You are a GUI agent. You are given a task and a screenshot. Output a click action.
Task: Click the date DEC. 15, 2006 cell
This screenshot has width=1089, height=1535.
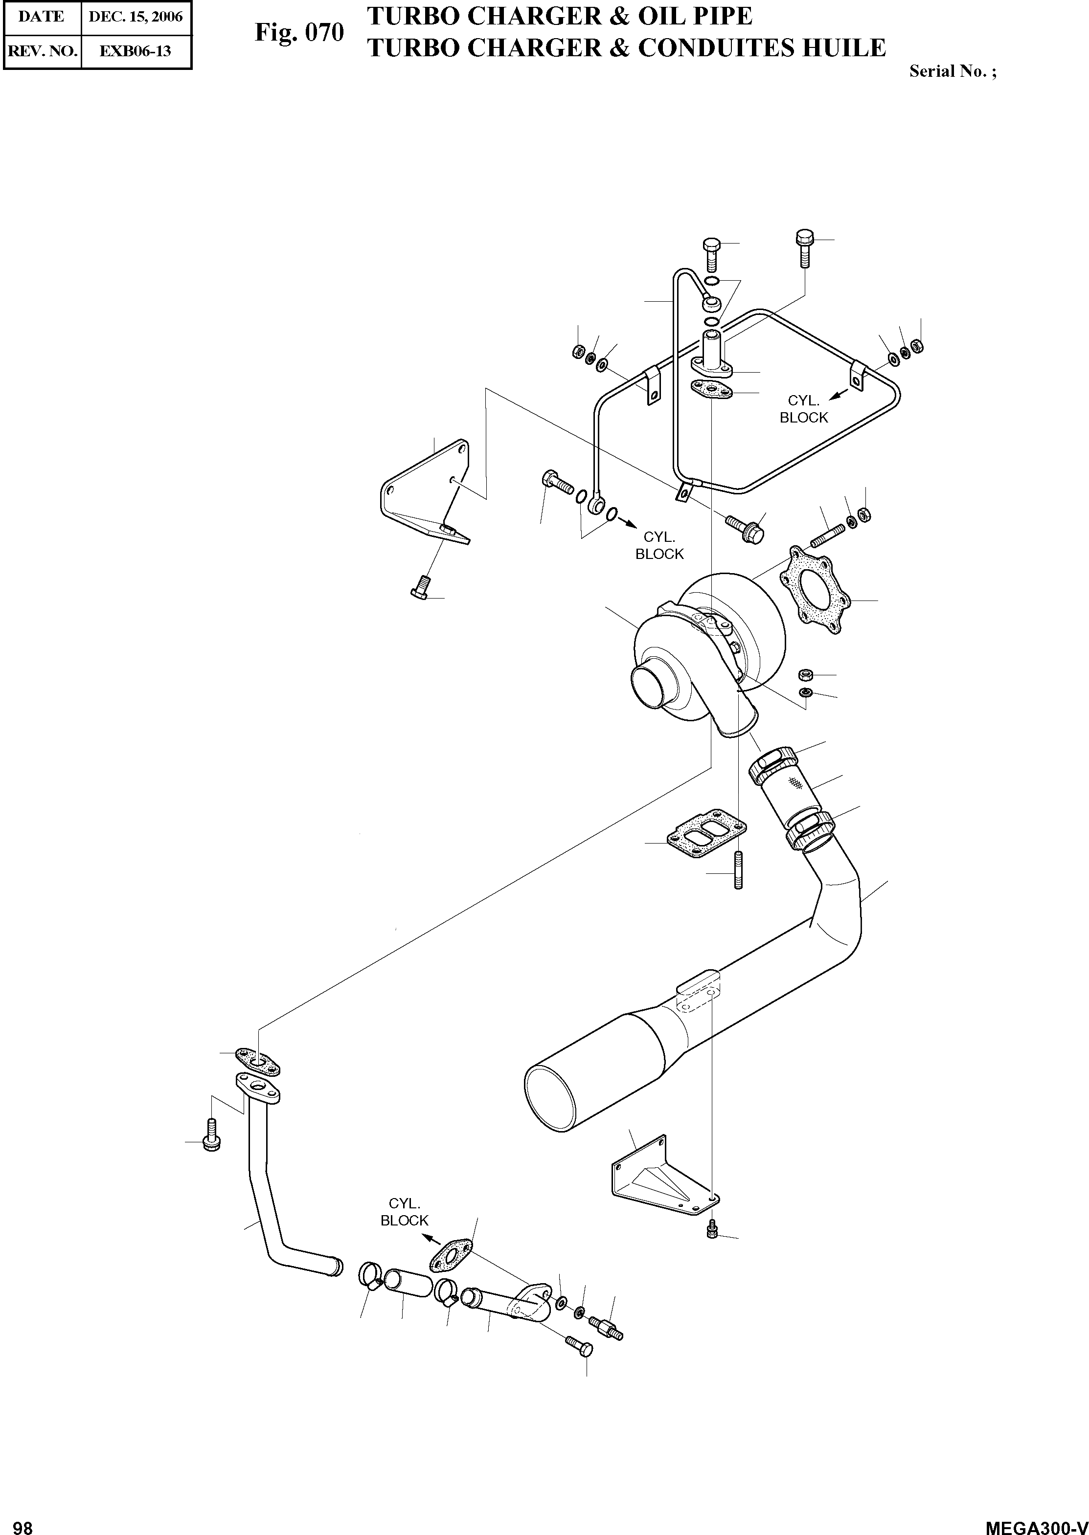136,17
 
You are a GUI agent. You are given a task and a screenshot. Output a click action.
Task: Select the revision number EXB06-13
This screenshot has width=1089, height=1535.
136,51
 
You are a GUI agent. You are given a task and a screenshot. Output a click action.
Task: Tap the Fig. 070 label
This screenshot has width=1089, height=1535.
299,32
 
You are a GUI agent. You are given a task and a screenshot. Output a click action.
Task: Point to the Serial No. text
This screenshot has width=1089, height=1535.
952,72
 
